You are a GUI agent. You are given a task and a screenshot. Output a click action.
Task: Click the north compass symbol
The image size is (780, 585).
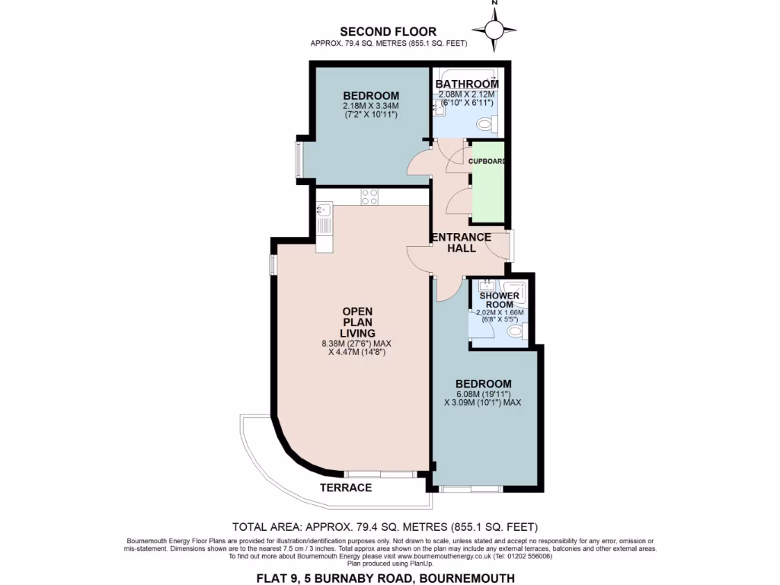click(494, 29)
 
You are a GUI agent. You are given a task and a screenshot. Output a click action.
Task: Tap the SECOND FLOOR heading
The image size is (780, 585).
click(388, 31)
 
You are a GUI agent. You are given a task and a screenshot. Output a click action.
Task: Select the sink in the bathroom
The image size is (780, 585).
click(439, 109)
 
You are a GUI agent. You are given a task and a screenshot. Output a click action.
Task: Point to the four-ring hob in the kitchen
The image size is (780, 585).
click(369, 197)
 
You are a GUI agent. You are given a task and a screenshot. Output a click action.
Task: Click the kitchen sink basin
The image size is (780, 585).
click(324, 209)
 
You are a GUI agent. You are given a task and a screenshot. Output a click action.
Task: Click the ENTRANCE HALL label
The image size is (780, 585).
click(461, 242)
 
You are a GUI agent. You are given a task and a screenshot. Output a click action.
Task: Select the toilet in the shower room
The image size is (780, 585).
click(516, 332)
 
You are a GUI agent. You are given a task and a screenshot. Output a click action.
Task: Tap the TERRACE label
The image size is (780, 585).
click(345, 487)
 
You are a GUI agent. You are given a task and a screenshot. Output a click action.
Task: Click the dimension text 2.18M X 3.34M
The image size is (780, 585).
click(371, 106)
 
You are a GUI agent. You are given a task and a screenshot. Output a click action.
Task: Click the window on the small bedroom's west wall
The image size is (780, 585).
click(299, 159)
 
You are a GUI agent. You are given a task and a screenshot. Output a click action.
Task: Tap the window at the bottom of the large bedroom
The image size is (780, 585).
click(470, 488)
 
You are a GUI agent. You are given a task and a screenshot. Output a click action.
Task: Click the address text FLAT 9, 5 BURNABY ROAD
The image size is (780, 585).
click(389, 578)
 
